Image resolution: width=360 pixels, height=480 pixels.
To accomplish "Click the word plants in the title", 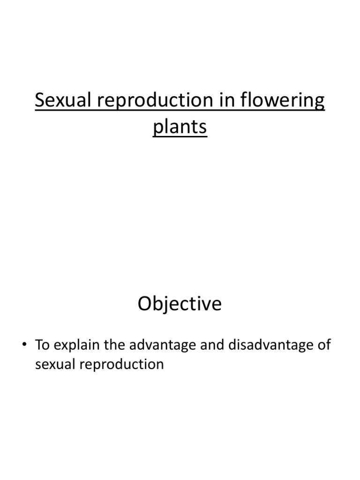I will click(180, 127).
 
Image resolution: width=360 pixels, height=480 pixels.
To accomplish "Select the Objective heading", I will click(180, 305).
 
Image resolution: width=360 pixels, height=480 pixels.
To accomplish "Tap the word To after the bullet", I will click(42, 345).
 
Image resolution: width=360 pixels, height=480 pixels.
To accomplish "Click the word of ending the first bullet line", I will click(324, 345).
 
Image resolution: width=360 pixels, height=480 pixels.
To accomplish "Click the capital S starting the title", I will click(40, 101).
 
